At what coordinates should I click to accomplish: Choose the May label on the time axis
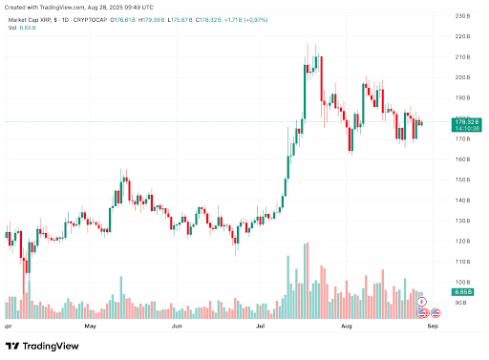91,326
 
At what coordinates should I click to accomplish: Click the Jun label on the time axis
177,326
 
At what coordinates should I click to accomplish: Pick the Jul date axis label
260,326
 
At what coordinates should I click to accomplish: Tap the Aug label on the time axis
348,326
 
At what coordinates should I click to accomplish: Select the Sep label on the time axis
432,326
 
